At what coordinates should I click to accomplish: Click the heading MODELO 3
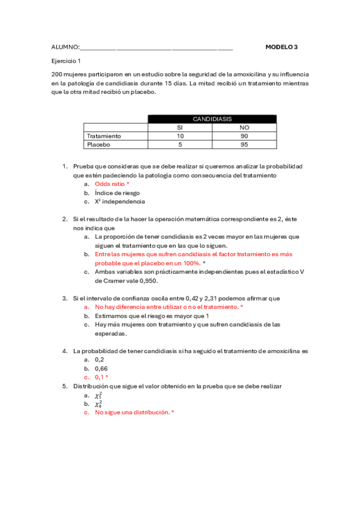click(x=281, y=46)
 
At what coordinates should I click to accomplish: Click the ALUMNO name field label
click(x=65, y=47)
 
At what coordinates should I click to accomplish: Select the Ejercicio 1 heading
click(x=66, y=61)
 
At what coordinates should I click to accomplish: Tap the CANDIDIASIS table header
click(x=212, y=119)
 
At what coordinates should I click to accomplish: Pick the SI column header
click(x=179, y=127)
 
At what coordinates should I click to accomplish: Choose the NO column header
click(x=244, y=127)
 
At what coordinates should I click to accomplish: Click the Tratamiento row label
click(x=104, y=136)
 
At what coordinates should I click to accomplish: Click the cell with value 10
click(x=179, y=136)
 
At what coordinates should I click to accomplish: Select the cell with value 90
click(x=244, y=136)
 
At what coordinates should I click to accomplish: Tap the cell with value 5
click(x=179, y=144)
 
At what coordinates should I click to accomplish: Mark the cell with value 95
click(x=244, y=144)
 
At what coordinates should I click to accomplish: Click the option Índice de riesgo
click(x=117, y=193)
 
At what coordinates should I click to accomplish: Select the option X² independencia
click(x=120, y=202)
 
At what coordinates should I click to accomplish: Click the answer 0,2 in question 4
click(x=99, y=359)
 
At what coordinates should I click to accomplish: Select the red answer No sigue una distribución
click(x=133, y=413)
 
